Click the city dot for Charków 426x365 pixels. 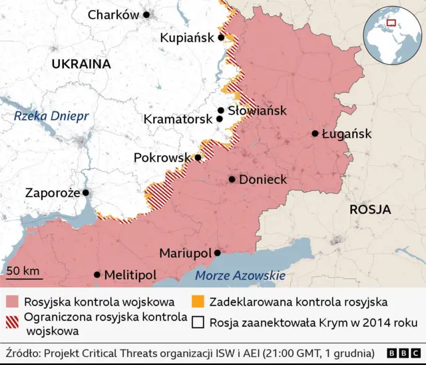pos(146,15)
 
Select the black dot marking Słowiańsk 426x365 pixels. pos(220,111)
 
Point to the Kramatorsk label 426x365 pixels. pos(178,119)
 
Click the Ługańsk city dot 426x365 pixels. pos(315,133)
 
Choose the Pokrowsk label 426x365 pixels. pos(162,158)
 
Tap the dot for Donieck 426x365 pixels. pos(232,179)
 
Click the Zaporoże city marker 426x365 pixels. pos(85,192)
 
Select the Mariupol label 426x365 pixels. pos(184,253)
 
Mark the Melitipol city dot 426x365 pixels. pos(97,274)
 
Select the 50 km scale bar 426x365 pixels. pos(23,274)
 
